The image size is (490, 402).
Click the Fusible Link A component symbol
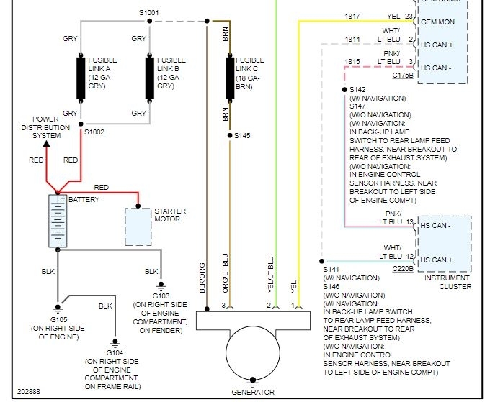81,78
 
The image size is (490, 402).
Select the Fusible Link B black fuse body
150,78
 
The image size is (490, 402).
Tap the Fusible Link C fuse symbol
230,78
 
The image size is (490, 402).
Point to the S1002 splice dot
81,124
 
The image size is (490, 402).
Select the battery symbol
57,221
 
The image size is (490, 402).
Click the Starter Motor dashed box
137,226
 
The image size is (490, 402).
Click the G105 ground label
59,319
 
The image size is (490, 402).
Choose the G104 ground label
115,352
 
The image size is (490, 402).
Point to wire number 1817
352,15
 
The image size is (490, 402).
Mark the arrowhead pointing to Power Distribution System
46,143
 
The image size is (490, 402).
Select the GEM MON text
437,22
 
